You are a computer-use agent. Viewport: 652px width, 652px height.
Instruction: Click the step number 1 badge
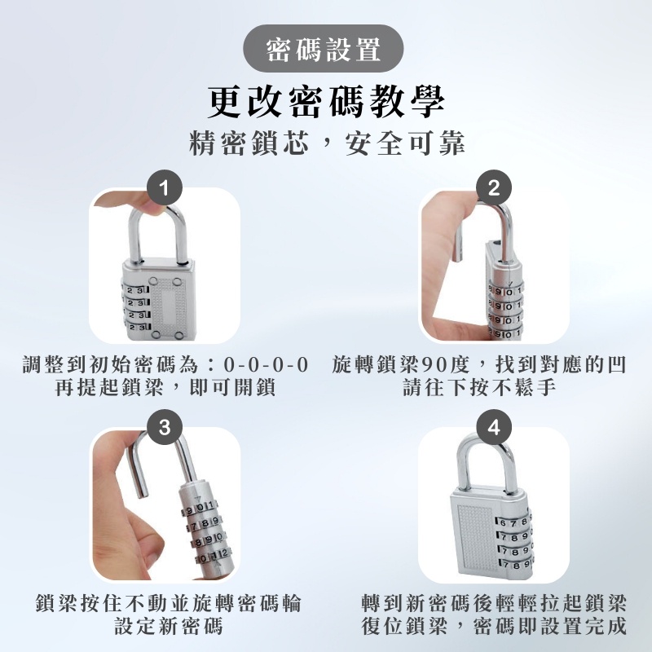[x=165, y=187]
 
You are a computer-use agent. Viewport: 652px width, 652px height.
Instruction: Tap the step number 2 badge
[x=494, y=187]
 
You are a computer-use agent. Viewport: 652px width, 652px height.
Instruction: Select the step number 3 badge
[x=165, y=427]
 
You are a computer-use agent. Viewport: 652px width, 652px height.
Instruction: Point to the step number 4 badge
[x=494, y=427]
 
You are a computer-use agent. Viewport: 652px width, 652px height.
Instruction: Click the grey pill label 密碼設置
[x=323, y=49]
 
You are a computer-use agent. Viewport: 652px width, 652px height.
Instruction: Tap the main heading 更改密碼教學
[x=327, y=101]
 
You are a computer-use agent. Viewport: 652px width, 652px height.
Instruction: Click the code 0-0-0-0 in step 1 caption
[x=267, y=365]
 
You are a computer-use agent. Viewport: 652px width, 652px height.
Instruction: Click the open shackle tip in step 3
[x=142, y=493]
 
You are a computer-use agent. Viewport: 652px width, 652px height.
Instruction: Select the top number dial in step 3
[x=200, y=507]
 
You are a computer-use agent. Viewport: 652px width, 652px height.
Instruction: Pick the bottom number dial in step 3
[x=213, y=555]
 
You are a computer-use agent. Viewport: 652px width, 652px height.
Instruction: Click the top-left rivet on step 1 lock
[x=153, y=281]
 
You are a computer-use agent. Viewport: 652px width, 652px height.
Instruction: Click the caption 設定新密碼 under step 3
[x=169, y=626]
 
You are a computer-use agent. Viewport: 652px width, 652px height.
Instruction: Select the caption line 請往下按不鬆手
[x=479, y=388]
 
